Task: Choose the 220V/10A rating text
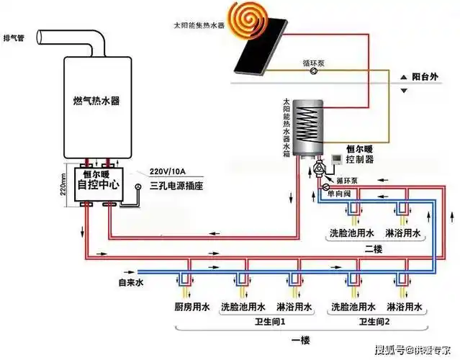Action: point(170,171)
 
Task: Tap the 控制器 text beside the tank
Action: point(358,158)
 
